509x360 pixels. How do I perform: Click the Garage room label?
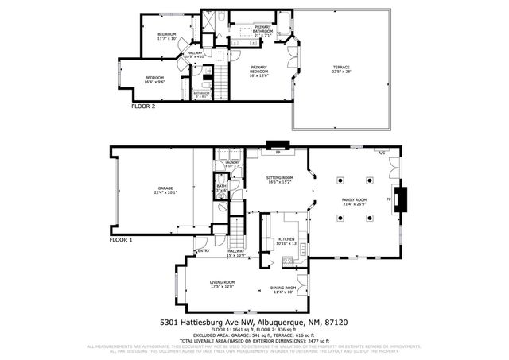pyautogui.click(x=165, y=190)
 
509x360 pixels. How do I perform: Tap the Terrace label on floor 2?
pyautogui.click(x=341, y=69)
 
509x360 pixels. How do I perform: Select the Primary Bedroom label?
pyautogui.click(x=258, y=70)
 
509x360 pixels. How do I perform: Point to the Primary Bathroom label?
pyautogui.click(x=262, y=31)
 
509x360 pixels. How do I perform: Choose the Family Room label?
pyautogui.click(x=354, y=202)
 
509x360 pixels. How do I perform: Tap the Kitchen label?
pyautogui.click(x=286, y=241)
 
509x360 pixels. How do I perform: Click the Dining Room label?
pyautogui.click(x=284, y=289)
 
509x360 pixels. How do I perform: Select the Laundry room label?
pyautogui.click(x=231, y=165)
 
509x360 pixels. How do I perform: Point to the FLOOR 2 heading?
pyautogui.click(x=143, y=105)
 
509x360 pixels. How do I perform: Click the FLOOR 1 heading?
pyautogui.click(x=121, y=239)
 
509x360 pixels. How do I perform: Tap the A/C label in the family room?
pyautogui.click(x=382, y=153)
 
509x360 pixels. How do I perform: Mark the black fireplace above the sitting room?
pyautogui.click(x=278, y=145)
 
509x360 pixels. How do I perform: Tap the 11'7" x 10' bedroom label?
pyautogui.click(x=166, y=36)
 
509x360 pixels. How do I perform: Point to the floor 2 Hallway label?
pyautogui.click(x=195, y=55)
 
